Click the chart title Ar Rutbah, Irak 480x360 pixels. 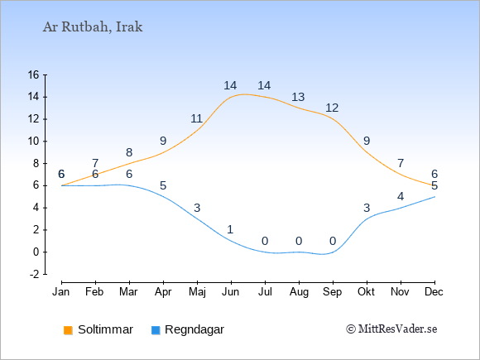tap(93, 27)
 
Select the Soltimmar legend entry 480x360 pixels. tap(98, 329)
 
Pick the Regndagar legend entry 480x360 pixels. tap(188, 329)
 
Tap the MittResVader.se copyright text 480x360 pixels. tap(391, 329)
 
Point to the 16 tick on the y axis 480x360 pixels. tap(33, 74)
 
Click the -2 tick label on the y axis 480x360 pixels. tap(34, 274)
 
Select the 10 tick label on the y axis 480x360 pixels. tap(33, 142)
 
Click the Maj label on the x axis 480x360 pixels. tap(197, 292)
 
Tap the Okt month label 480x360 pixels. tap(366, 292)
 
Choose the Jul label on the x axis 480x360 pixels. tap(265, 292)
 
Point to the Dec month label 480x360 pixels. tap(434, 292)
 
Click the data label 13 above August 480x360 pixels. tap(298, 97)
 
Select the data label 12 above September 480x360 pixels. tap(332, 108)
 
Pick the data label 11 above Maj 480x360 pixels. tap(196, 118)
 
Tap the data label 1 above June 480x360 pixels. tap(231, 229)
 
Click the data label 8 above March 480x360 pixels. tap(129, 152)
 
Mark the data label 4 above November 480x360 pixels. tap(401, 196)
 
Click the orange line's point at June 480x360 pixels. tap(231, 97)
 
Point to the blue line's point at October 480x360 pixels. tap(367, 218)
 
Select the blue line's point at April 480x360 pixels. tap(163, 196)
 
